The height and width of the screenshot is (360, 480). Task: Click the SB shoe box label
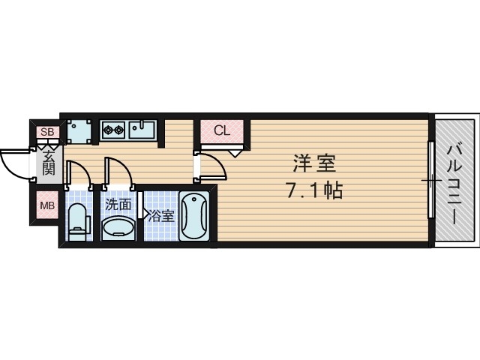click(47, 133)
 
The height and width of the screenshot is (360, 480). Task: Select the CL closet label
click(221, 130)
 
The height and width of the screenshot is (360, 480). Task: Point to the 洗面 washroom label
click(118, 204)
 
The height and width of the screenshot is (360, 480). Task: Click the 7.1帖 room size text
click(313, 190)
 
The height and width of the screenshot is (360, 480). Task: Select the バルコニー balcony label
click(454, 180)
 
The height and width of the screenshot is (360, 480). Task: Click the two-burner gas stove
click(113, 130)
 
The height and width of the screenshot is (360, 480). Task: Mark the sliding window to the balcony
click(432, 180)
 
